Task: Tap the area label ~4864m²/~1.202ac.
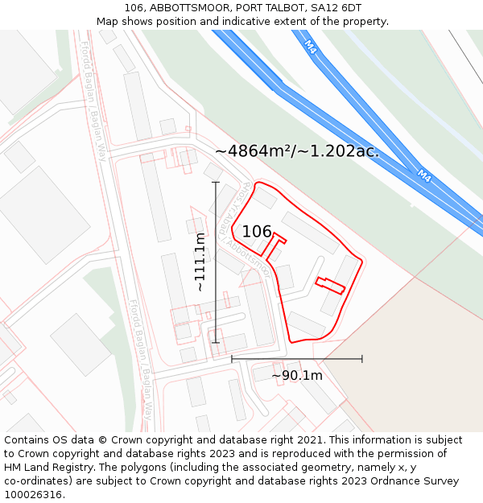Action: tap(296, 150)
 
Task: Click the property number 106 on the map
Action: tap(257, 232)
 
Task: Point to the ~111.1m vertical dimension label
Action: tap(200, 262)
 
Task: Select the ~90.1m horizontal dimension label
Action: tap(296, 375)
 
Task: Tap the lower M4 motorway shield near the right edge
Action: tap(424, 175)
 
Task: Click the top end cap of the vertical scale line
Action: tap(216, 183)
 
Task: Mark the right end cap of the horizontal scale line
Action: tap(361, 358)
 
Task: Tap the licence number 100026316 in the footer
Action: tap(35, 494)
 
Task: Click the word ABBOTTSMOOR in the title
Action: tap(188, 8)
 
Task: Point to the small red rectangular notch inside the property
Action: tap(330, 285)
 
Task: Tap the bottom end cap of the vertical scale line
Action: tap(216, 342)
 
